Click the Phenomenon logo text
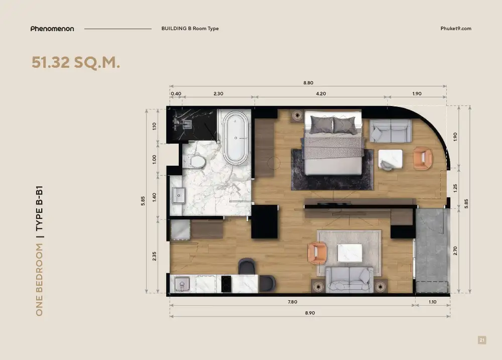(x=52, y=29)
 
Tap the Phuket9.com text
(x=456, y=29)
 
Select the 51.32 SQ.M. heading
(x=76, y=62)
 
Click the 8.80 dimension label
(x=308, y=83)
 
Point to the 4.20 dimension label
(x=321, y=93)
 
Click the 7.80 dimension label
(x=292, y=302)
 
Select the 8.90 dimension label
(x=310, y=313)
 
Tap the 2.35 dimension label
(x=154, y=256)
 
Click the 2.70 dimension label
(x=455, y=251)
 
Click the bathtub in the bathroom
(x=235, y=138)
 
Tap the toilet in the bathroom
(x=194, y=162)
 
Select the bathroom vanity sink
(x=179, y=195)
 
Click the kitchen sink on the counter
(x=182, y=284)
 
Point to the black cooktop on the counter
(x=226, y=284)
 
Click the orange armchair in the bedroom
(x=423, y=158)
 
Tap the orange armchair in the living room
(x=317, y=253)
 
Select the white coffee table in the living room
(x=350, y=253)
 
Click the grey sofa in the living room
(x=349, y=280)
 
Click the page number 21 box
(x=482, y=340)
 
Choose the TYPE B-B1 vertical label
(x=39, y=208)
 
